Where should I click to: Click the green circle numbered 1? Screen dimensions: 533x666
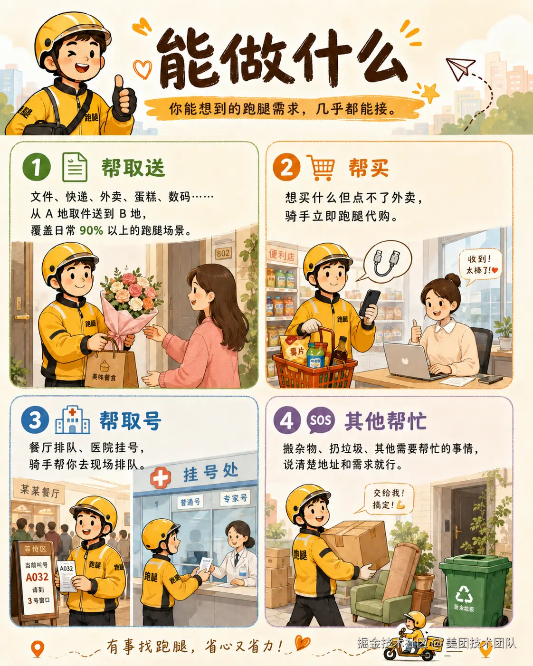(x=37, y=167)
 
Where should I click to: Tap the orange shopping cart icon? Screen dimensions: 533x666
(x=321, y=167)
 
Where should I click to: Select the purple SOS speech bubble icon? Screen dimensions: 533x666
(x=320, y=420)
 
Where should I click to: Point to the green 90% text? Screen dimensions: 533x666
(x=91, y=230)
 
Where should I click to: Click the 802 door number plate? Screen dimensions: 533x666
(x=223, y=254)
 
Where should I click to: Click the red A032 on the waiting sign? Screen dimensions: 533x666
(x=37, y=577)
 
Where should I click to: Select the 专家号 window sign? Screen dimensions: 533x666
(x=235, y=498)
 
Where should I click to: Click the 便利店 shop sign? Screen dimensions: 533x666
(x=282, y=255)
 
